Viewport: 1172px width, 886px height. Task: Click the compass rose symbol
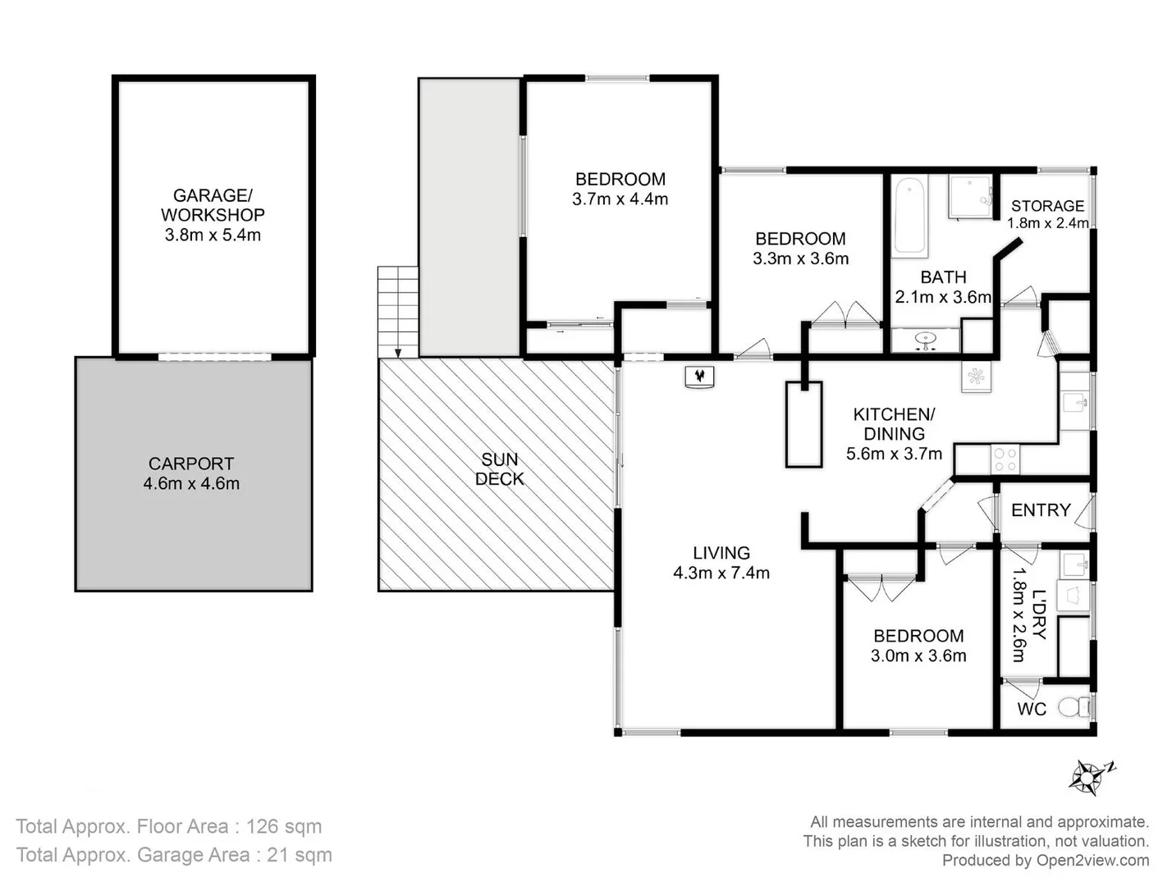tap(1090, 776)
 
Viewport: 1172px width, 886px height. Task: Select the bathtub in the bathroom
tap(909, 216)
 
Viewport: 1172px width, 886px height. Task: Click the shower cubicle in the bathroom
tap(970, 197)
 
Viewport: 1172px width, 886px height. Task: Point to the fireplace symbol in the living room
tap(699, 377)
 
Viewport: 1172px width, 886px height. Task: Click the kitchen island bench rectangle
tap(803, 424)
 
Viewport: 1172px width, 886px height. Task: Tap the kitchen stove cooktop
tap(1005, 459)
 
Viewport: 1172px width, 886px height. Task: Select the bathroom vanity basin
tap(926, 340)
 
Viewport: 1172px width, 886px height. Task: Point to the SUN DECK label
tap(499, 469)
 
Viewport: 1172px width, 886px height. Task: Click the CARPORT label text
tap(191, 464)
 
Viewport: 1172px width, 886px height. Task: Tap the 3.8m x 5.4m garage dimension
tap(213, 235)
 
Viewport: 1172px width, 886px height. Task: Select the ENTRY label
tap(1040, 510)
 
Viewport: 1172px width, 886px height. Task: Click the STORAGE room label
tap(1047, 206)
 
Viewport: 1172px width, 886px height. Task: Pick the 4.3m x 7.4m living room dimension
tap(721, 573)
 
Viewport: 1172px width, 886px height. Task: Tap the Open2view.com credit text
tap(1092, 860)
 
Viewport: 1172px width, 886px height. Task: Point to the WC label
tap(1032, 709)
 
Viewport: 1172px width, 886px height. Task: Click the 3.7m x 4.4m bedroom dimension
tap(620, 199)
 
